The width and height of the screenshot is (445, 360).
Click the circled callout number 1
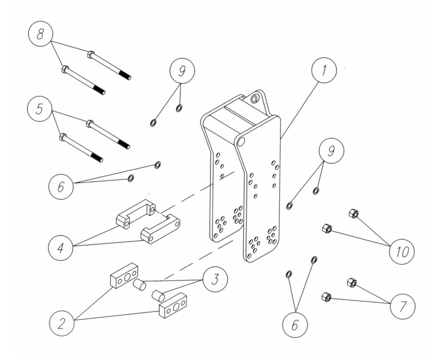pyautogui.click(x=324, y=70)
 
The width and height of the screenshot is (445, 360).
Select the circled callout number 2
pyautogui.click(x=62, y=323)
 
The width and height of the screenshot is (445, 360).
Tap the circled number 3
pyautogui.click(x=215, y=279)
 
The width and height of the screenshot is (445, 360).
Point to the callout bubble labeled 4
pyautogui.click(x=61, y=247)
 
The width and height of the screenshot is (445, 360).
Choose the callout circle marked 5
pyautogui.click(x=39, y=109)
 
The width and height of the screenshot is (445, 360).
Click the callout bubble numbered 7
pyautogui.click(x=402, y=306)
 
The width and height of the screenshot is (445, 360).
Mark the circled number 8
pyautogui.click(x=40, y=34)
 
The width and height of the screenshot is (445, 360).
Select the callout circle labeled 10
pyautogui.click(x=402, y=252)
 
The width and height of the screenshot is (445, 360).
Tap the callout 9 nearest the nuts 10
pyautogui.click(x=331, y=151)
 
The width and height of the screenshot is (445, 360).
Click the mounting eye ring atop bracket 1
pyautogui.click(x=254, y=99)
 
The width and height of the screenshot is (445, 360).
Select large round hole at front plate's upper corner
pyautogui.click(x=241, y=141)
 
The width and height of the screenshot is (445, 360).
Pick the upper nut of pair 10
pyautogui.click(x=353, y=213)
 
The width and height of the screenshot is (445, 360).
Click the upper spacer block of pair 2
pyautogui.click(x=124, y=276)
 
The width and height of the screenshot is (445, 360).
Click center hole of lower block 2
pyautogui.click(x=176, y=308)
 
